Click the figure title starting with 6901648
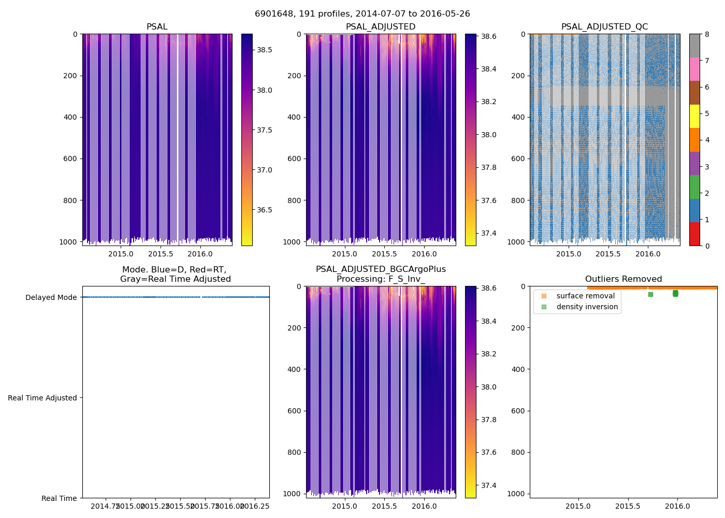coord(363,14)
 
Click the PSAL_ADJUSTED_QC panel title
coord(604,27)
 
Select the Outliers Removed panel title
coord(623,279)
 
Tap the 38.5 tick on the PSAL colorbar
coord(265,50)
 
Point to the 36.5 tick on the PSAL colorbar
coord(265,210)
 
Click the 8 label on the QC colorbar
coord(707,34)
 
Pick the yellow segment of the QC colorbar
coord(694,116)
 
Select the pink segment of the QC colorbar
coord(694,69)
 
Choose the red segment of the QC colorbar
coord(694,234)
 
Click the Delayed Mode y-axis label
coord(51,297)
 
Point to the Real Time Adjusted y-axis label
coord(42,398)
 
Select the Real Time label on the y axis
coord(59,498)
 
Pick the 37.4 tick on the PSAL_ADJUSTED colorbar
coord(489,233)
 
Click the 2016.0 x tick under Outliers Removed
coord(677,506)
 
